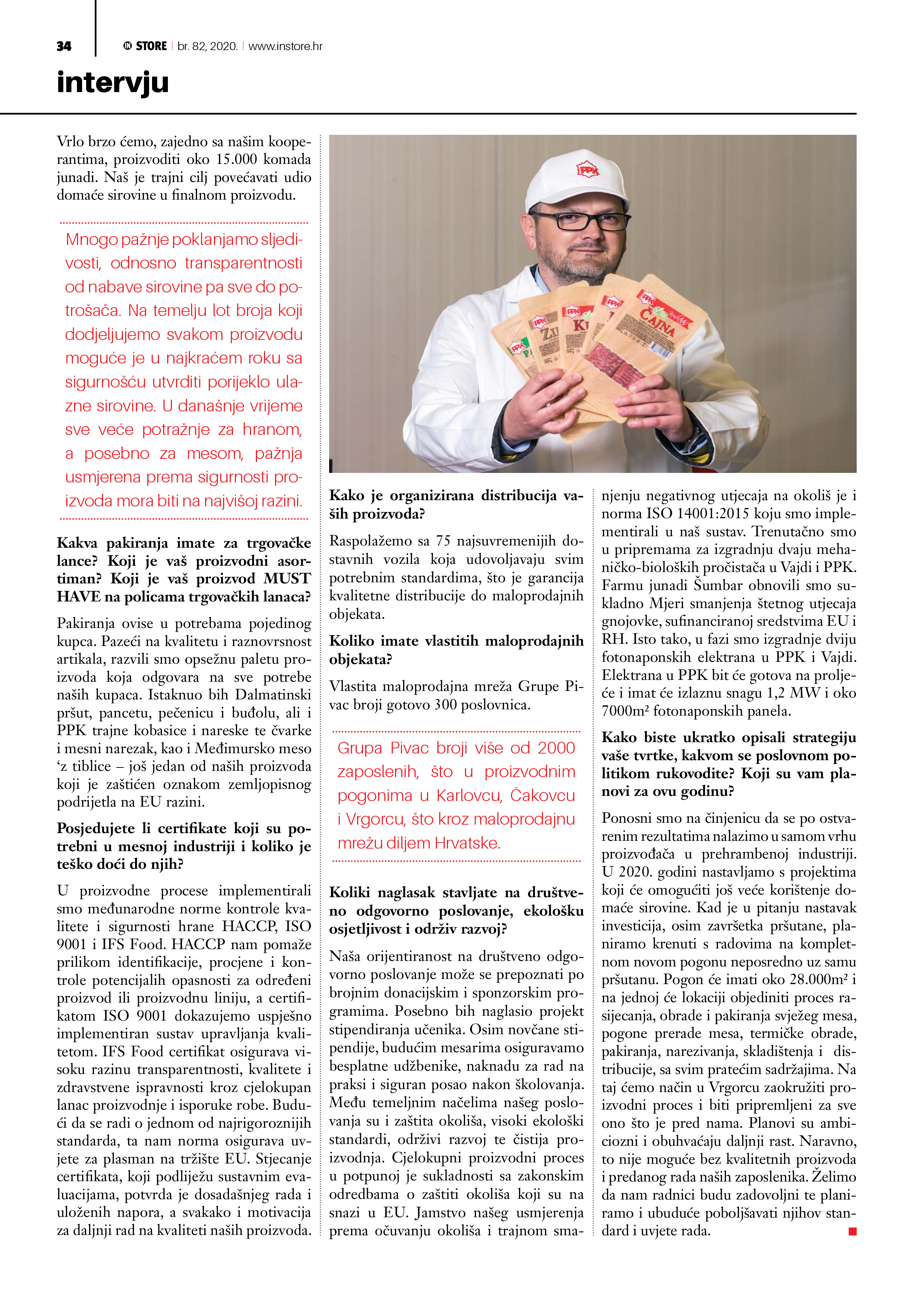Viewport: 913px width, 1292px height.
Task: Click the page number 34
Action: click(x=64, y=46)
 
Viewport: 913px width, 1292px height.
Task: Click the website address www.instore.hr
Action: click(x=285, y=46)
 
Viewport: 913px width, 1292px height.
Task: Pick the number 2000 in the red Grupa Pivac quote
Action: click(x=556, y=748)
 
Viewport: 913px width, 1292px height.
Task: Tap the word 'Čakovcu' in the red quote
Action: click(x=542, y=796)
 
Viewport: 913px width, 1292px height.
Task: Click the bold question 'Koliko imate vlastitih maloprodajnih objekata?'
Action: click(x=456, y=650)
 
